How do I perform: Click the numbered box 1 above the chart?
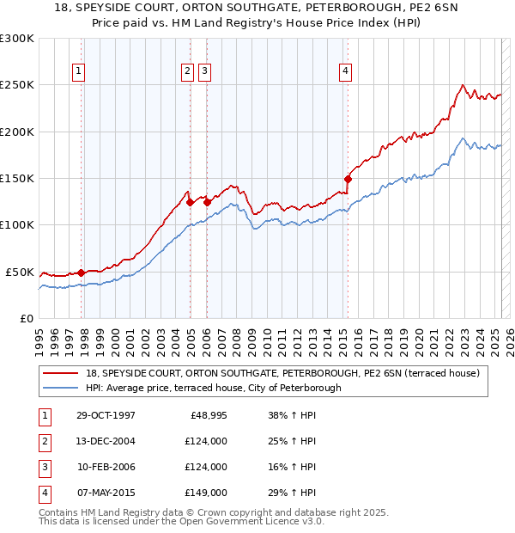click(78, 72)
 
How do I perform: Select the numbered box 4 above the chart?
click(344, 72)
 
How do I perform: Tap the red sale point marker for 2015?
click(348, 180)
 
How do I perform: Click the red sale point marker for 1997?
click(82, 273)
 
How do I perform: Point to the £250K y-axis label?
click(16, 85)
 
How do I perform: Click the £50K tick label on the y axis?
click(20, 272)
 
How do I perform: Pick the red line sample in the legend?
click(61, 373)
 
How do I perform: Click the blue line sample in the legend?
click(61, 388)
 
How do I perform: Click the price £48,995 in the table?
click(207, 416)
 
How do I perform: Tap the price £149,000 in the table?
click(206, 493)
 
